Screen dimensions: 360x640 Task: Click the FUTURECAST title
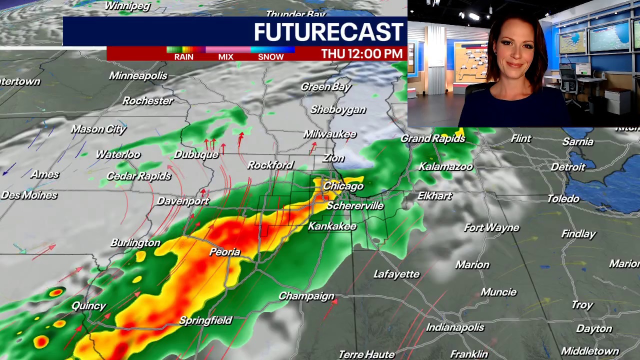(328, 32)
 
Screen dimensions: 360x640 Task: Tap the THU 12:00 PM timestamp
(361, 53)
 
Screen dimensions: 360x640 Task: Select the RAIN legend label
(183, 57)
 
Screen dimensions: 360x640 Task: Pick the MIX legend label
(225, 57)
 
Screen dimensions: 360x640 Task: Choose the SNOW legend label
(270, 57)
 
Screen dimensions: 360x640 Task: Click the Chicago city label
(343, 186)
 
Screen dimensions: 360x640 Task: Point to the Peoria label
(224, 252)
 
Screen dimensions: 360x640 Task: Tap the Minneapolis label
(138, 75)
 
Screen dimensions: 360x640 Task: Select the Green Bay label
(326, 86)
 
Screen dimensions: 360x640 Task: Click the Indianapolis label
(455, 327)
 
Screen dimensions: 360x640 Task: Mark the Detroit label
(567, 167)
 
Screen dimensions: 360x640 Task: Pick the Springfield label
(205, 320)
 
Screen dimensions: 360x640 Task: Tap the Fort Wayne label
(491, 228)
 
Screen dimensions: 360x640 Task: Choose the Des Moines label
(28, 195)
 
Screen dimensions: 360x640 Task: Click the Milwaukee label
(330, 134)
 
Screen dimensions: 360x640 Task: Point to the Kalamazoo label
(445, 166)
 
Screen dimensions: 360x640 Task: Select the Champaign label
(306, 296)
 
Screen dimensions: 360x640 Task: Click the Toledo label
(563, 198)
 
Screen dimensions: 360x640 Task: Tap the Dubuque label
(196, 154)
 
